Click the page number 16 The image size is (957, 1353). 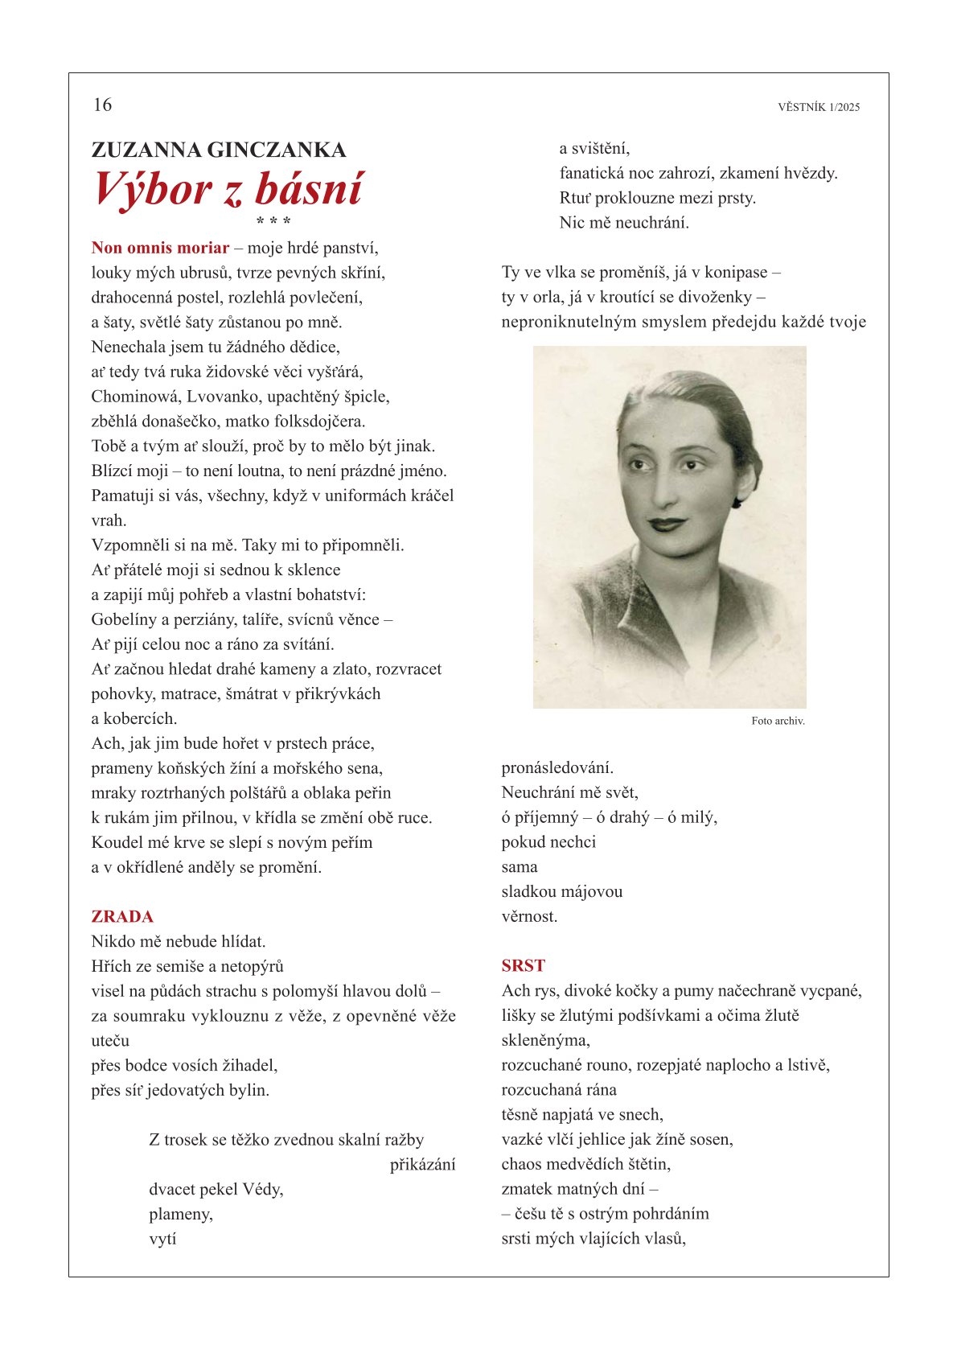click(102, 105)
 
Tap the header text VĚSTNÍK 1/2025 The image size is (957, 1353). click(819, 107)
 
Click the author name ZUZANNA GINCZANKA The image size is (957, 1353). click(219, 150)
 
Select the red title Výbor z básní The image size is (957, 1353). click(228, 189)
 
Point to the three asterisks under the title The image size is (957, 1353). click(273, 220)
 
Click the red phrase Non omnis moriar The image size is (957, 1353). click(160, 248)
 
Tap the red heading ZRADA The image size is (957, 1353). click(122, 917)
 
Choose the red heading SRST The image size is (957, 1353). click(523, 966)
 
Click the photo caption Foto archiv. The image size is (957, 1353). click(778, 722)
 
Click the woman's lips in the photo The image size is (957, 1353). click(667, 524)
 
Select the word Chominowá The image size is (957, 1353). click(134, 397)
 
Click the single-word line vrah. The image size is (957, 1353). click(109, 520)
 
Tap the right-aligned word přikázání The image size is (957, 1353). click(422, 1165)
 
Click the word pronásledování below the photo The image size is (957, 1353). click(557, 768)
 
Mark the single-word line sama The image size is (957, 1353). click(520, 867)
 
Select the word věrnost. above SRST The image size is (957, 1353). click(529, 917)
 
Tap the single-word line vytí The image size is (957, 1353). click(162, 1240)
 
